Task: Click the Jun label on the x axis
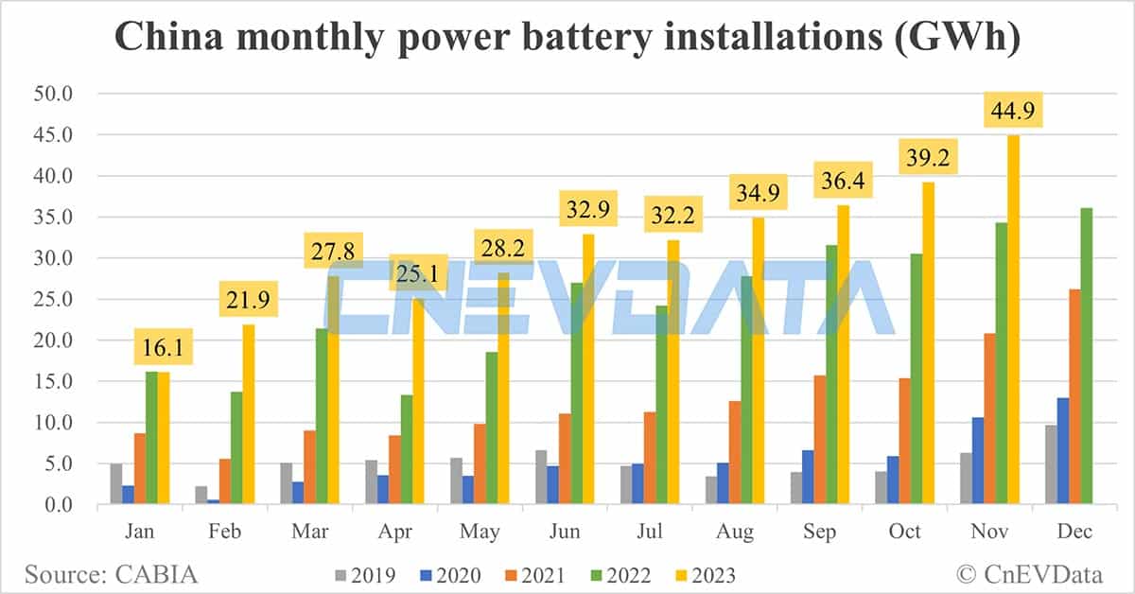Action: (x=565, y=532)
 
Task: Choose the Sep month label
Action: (x=819, y=532)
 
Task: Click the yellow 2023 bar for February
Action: (x=248, y=415)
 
